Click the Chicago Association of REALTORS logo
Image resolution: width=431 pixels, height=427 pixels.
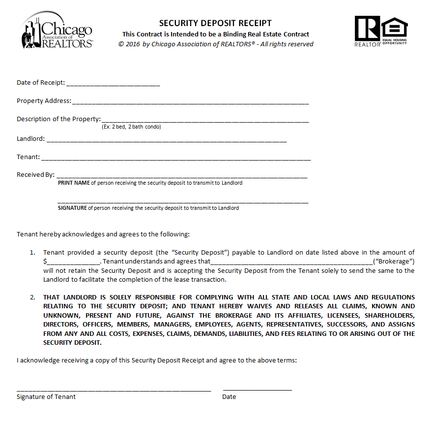point(57,31)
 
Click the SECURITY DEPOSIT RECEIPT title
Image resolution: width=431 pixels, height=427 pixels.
point(215,23)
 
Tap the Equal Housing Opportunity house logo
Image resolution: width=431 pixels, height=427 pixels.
point(395,29)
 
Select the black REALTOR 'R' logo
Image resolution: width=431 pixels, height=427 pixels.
point(368,29)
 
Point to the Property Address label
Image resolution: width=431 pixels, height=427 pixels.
point(44,101)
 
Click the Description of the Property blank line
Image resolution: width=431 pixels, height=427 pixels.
point(205,121)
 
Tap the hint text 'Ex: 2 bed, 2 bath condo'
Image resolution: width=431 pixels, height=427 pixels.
point(131,127)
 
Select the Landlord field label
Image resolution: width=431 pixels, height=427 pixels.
point(30,139)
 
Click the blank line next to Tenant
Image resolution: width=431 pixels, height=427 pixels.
point(176,159)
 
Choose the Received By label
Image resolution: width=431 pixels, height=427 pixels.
point(35,175)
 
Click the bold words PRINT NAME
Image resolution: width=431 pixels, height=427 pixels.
point(74,183)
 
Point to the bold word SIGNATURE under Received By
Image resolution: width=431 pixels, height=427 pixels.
point(72,208)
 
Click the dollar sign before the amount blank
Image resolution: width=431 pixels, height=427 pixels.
point(45,262)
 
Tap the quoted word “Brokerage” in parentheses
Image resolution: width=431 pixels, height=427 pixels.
point(394,262)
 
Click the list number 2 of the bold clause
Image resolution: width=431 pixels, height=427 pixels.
point(32,297)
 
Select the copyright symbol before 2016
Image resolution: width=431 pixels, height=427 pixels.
point(121,44)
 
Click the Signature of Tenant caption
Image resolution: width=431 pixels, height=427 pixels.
point(46,397)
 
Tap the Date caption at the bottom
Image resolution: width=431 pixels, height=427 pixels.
point(229,397)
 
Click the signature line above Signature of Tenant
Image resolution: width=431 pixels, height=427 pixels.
point(114,390)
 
